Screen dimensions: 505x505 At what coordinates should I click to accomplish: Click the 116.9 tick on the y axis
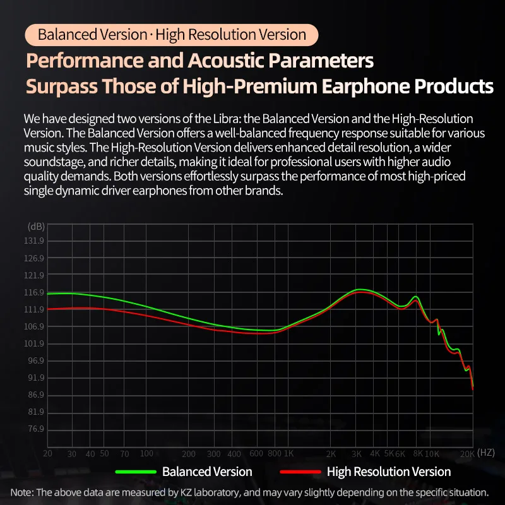[x=35, y=293]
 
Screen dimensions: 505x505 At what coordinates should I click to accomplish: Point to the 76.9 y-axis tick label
[x=35, y=429]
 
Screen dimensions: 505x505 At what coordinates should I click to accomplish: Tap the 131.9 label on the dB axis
[x=35, y=242]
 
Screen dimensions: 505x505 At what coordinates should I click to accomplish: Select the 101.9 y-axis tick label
[x=35, y=344]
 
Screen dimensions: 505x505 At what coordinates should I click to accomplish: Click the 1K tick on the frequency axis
[x=288, y=454]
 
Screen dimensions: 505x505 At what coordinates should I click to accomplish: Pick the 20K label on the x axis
[x=467, y=454]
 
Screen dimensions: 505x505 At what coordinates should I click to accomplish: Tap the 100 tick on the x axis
[x=146, y=453]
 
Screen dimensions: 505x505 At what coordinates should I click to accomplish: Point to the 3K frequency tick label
[x=357, y=454]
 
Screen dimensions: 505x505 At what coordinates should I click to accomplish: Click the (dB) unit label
[x=36, y=227]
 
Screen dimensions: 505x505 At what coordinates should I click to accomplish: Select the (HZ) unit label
[x=486, y=453]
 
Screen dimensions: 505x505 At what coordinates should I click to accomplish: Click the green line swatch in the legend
[x=135, y=472]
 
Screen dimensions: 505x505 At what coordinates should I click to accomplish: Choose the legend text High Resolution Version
[x=389, y=472]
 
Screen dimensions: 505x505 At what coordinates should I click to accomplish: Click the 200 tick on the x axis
[x=188, y=454]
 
